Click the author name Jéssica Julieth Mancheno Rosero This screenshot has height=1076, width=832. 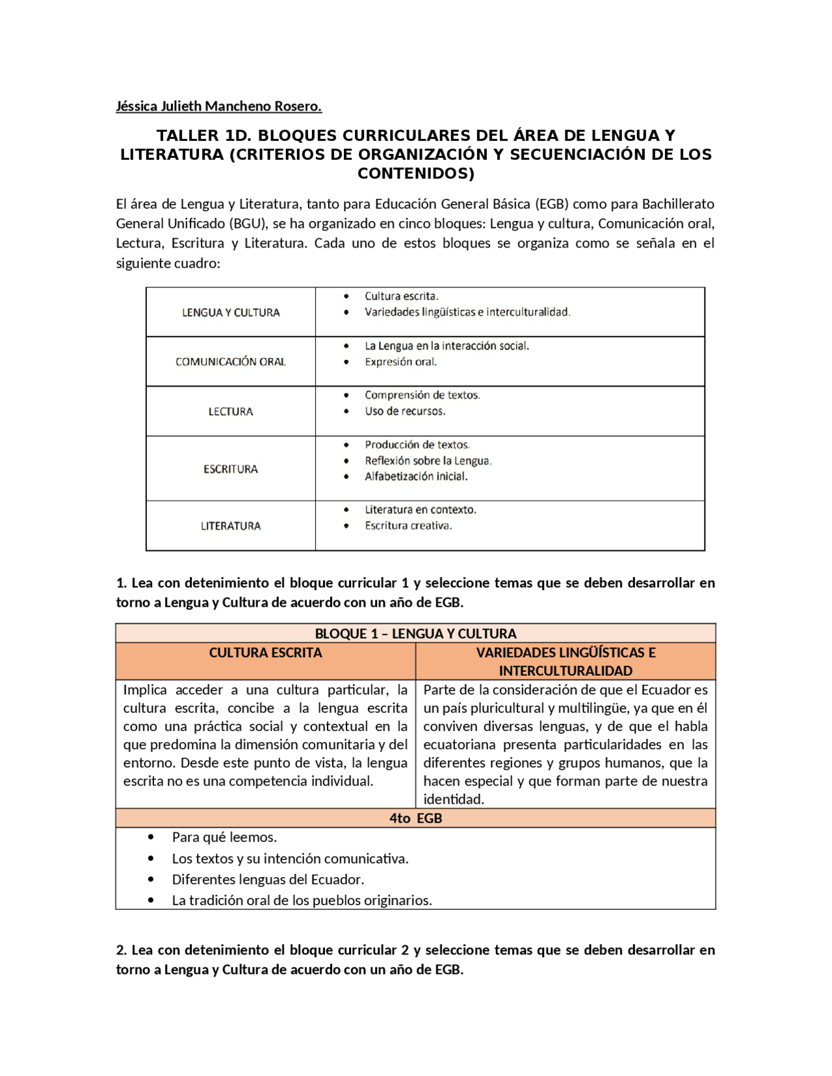(218, 106)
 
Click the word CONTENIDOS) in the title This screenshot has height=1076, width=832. (416, 173)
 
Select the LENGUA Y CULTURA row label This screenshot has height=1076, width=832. (231, 313)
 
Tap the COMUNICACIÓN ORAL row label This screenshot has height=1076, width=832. (231, 362)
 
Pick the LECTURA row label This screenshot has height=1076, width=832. (231, 411)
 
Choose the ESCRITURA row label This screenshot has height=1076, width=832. (231, 469)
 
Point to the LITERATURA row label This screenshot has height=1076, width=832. (231, 526)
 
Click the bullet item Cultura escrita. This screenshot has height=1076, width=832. (401, 296)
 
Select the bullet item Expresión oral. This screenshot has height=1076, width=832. (400, 362)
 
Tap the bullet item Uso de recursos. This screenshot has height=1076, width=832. (405, 411)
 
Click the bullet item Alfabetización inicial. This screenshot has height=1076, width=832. (416, 476)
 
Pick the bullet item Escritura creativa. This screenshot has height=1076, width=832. (408, 526)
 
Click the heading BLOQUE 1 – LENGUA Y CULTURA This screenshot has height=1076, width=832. (415, 634)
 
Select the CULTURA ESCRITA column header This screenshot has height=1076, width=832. (265, 653)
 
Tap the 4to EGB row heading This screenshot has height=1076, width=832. (415, 818)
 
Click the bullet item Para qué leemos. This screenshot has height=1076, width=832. (224, 837)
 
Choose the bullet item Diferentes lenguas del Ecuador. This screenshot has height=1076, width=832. (268, 880)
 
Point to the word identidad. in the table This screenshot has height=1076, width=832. (454, 799)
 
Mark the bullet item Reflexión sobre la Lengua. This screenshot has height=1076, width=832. (428, 461)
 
